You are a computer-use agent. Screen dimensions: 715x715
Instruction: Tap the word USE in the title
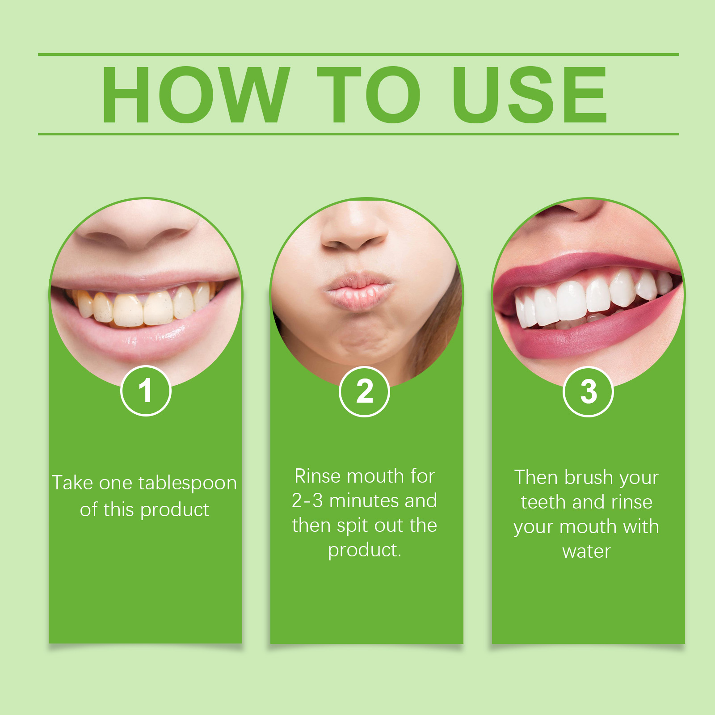point(530,95)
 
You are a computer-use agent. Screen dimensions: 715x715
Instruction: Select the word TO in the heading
point(369,95)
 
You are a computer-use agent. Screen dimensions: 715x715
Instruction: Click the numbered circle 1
point(146,391)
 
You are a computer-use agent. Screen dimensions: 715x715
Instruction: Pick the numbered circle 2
point(365,391)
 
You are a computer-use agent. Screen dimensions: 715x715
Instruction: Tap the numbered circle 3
point(588,391)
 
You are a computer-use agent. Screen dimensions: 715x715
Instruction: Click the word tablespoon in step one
point(187,484)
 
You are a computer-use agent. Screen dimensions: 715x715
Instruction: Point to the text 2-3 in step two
point(307,501)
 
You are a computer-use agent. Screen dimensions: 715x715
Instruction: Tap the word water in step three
point(586,551)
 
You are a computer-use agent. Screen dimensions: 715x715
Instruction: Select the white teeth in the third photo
point(581,299)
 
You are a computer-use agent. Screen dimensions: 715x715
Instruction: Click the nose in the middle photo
point(355,232)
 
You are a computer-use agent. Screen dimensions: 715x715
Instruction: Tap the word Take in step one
point(73,483)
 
